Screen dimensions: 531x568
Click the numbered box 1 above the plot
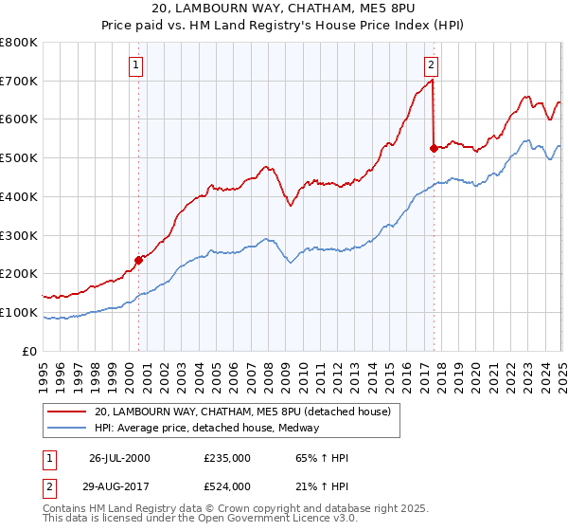[137, 65]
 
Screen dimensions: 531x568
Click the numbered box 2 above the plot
[431, 65]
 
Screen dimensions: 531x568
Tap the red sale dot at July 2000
[138, 259]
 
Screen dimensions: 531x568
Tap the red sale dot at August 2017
[434, 148]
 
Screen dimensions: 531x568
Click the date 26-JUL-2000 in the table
[119, 458]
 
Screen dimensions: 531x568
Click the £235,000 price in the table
[226, 458]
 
